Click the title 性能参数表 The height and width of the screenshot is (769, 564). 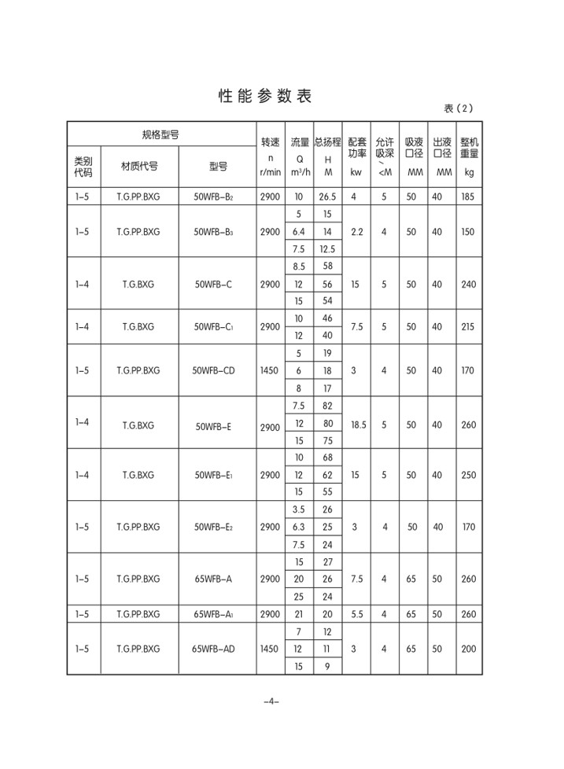[x=264, y=97]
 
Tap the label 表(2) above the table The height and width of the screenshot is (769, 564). [x=459, y=109]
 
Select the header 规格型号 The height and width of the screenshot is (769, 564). [x=160, y=135]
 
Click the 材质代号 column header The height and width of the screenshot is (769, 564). [x=139, y=166]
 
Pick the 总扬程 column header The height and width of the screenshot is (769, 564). [x=327, y=142]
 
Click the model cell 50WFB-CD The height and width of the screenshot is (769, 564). [x=213, y=370]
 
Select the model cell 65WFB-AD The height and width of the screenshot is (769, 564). [x=213, y=649]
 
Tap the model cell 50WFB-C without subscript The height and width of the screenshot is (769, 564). [x=213, y=284]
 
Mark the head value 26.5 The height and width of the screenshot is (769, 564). [x=327, y=197]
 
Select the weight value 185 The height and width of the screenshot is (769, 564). [x=469, y=197]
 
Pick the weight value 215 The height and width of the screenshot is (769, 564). [x=469, y=326]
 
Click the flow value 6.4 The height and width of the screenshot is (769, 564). [x=298, y=232]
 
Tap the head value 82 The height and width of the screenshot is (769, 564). [x=327, y=406]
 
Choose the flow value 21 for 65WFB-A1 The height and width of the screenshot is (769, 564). [x=298, y=613]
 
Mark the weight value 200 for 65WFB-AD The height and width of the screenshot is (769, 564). [x=469, y=649]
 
